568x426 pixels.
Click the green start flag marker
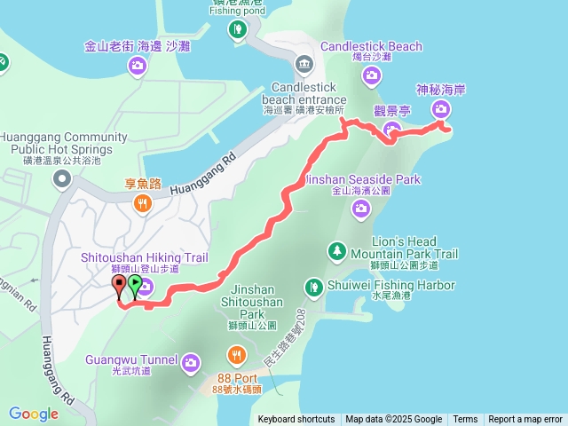point(134,285)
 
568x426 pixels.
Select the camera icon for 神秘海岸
point(441,109)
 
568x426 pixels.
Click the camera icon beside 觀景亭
point(391,132)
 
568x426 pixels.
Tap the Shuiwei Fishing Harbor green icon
point(313,287)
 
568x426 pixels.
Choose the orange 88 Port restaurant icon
point(236,357)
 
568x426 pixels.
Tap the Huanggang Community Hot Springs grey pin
point(62,181)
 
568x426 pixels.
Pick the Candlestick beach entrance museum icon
point(304,64)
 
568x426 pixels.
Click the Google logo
point(33,414)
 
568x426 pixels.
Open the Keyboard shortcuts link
point(296,420)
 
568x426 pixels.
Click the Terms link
point(465,420)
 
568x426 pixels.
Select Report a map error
point(525,420)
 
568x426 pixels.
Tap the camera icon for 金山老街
point(138,65)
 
